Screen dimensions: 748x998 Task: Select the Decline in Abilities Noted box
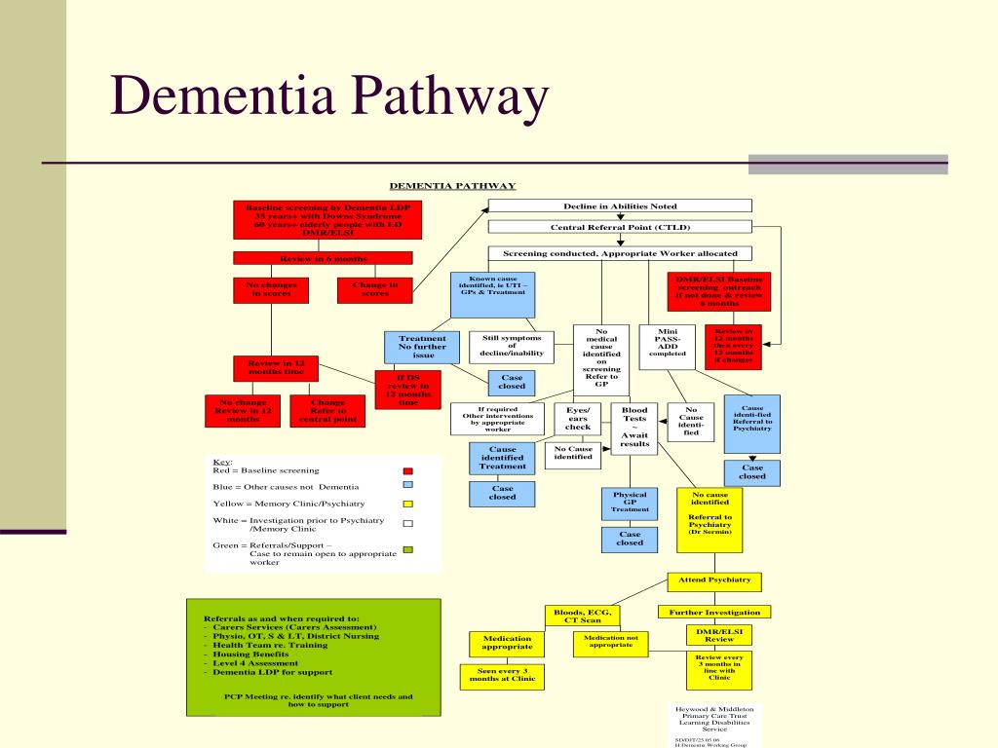click(620, 206)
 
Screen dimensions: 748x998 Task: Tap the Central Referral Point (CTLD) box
click(620, 227)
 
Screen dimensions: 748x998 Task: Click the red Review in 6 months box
click(323, 258)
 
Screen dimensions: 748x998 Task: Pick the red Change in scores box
click(374, 289)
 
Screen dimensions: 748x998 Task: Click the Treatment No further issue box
click(423, 347)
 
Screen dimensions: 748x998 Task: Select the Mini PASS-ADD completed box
click(668, 347)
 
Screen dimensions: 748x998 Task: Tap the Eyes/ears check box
click(578, 419)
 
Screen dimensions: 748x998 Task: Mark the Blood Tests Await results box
click(634, 427)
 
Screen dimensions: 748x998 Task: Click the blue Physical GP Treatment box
click(630, 502)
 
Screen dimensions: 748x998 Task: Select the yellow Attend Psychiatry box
click(714, 580)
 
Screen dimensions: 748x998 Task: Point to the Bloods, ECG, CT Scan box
click(583, 616)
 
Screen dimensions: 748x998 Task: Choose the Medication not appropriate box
click(610, 642)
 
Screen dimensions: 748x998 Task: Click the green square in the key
click(408, 550)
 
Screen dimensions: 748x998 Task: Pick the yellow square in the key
click(408, 504)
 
